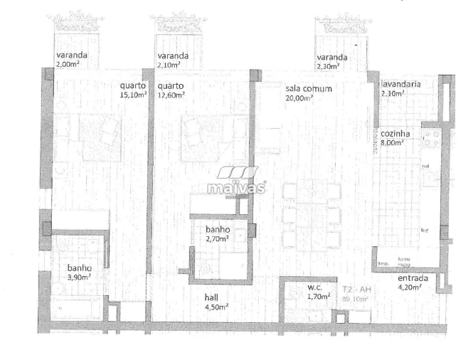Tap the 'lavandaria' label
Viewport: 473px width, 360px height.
click(x=400, y=84)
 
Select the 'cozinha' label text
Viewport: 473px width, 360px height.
click(x=393, y=134)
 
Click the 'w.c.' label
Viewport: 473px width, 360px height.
click(x=316, y=288)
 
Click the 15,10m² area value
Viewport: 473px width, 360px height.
click(x=133, y=94)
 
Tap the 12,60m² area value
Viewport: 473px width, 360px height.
click(x=170, y=94)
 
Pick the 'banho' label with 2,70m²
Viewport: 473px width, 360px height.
click(x=217, y=231)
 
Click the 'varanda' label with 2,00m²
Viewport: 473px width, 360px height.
click(x=72, y=55)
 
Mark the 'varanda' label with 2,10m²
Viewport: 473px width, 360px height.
click(x=173, y=55)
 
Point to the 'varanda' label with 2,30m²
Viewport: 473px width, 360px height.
click(x=332, y=57)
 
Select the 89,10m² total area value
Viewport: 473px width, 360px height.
click(x=354, y=299)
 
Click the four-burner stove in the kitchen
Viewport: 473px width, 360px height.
click(x=431, y=138)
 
